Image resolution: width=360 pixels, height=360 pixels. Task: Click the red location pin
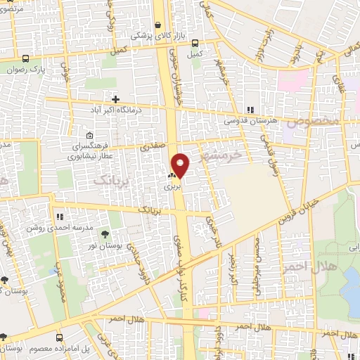pyautogui.click(x=181, y=165)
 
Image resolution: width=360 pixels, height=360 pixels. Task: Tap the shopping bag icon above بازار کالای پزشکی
pyautogui.click(x=158, y=23)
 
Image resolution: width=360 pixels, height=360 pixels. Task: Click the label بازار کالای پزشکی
pyautogui.click(x=150, y=34)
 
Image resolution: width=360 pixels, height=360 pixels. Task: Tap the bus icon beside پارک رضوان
pyautogui.click(x=26, y=59)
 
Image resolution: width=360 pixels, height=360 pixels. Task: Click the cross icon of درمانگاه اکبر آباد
pyautogui.click(x=115, y=99)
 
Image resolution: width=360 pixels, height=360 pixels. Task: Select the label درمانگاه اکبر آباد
pyautogui.click(x=115, y=110)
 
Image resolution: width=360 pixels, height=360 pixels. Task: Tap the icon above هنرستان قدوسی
pyautogui.click(x=250, y=109)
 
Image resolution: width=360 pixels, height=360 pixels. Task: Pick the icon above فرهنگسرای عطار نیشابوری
pyautogui.click(x=89, y=136)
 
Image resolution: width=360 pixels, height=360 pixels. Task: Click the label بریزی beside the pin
pyautogui.click(x=172, y=188)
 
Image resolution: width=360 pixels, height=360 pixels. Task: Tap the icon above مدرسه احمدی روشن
pyautogui.click(x=60, y=217)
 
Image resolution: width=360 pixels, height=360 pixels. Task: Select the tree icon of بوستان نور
pyautogui.click(x=105, y=233)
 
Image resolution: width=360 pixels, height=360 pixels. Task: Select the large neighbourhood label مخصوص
pyautogui.click(x=318, y=120)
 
